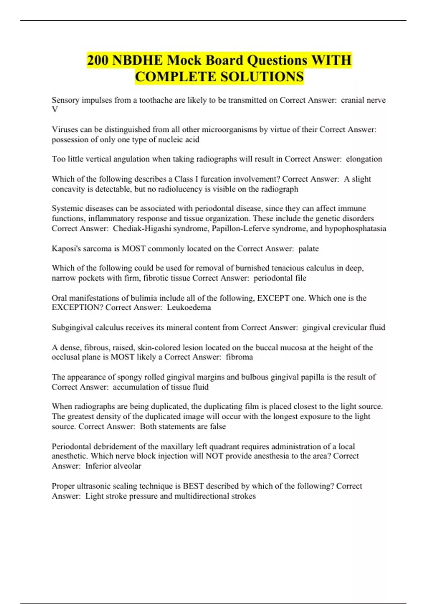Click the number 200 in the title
tap(98, 60)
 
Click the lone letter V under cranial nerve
tap(55, 110)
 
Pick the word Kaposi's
tap(67, 248)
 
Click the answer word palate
tap(309, 248)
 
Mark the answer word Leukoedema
tap(189, 307)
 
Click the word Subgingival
tap(73, 327)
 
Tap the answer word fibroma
tap(239, 357)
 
